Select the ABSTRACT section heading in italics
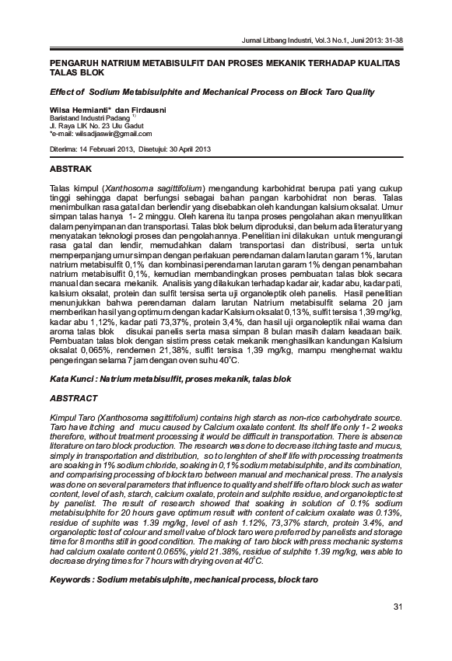pos(75,397)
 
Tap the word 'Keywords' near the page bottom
pos(71,579)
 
